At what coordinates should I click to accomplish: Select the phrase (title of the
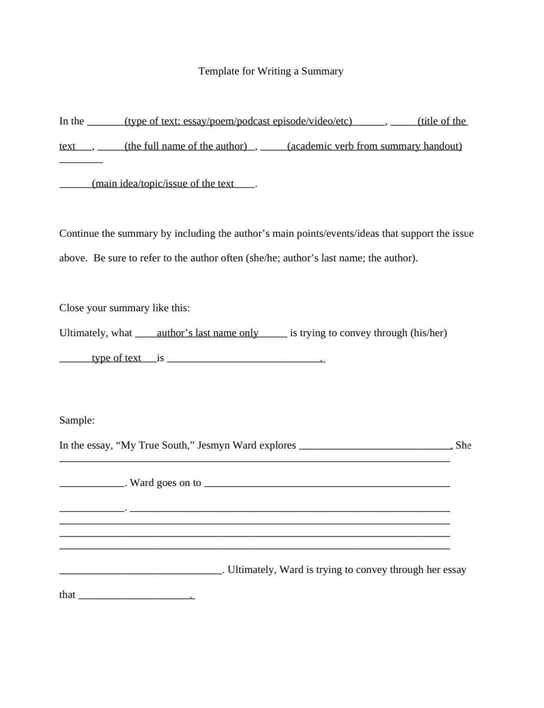[442, 121]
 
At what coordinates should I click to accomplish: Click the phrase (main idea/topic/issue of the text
[163, 184]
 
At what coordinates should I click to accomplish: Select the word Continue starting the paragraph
[79, 234]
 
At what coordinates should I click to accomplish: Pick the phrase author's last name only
[207, 333]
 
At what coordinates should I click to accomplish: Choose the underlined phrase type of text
[116, 358]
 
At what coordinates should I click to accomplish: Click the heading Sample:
[77, 420]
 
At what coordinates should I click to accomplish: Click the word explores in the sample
[277, 445]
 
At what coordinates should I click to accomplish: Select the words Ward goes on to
[165, 483]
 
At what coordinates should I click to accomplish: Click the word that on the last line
[67, 595]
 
